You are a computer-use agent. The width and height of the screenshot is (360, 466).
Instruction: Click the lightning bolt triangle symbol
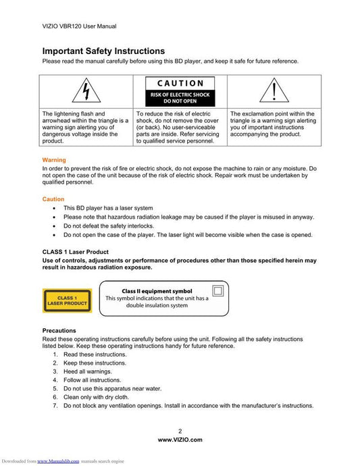click(x=86, y=90)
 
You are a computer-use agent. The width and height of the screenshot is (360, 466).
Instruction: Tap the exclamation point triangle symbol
click(x=274, y=90)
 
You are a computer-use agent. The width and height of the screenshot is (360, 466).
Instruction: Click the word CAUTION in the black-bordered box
click(x=180, y=84)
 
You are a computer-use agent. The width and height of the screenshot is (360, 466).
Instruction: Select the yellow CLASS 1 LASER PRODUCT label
click(x=67, y=301)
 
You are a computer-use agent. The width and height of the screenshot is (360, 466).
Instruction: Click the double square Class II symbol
click(x=218, y=290)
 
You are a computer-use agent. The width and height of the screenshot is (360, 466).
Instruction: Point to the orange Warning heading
click(x=54, y=160)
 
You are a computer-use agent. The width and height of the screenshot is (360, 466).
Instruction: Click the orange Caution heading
click(x=53, y=199)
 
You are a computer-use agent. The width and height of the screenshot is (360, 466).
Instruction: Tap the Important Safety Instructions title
click(x=103, y=51)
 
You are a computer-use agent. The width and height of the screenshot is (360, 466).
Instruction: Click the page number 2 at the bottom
click(x=180, y=431)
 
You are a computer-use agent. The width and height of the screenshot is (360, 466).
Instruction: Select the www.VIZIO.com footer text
click(x=180, y=440)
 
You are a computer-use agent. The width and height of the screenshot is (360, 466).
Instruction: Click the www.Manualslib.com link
click(x=58, y=461)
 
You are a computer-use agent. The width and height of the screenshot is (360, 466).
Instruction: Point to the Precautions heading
click(x=59, y=330)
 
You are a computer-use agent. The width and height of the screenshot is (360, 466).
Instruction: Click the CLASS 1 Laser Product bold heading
click(x=75, y=252)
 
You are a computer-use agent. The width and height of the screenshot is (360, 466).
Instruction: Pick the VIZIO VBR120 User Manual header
click(x=80, y=26)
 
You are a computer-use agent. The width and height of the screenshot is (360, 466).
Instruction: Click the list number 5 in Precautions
click(x=55, y=388)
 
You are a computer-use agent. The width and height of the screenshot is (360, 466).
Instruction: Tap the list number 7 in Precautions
click(x=55, y=405)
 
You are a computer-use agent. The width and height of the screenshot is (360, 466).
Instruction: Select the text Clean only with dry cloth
click(x=97, y=397)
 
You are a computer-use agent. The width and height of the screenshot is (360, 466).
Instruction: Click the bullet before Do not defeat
click(x=54, y=226)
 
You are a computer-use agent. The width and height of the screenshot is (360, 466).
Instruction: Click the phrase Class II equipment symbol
click(x=157, y=291)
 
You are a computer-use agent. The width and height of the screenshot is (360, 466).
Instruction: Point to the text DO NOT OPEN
click(x=180, y=101)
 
